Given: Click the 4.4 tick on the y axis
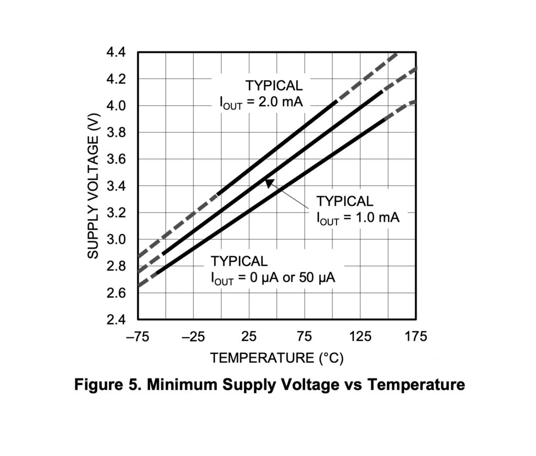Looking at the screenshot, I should pyautogui.click(x=116, y=52).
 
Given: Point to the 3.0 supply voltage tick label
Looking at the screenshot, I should pyautogui.click(x=116, y=240).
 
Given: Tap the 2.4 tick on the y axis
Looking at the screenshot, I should pyautogui.click(x=116, y=320).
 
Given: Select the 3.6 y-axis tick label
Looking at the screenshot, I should pyautogui.click(x=116, y=160).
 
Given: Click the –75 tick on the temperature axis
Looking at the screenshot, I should pyautogui.click(x=137, y=337).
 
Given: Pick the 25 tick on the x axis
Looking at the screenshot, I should pyautogui.click(x=249, y=337).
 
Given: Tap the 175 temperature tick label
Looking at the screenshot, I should pyautogui.click(x=416, y=337).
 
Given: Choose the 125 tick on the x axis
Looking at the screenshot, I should pyautogui.click(x=360, y=337).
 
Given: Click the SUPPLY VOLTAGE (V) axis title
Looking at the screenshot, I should pyautogui.click(x=93, y=186).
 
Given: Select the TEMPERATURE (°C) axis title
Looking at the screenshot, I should pyautogui.click(x=277, y=358).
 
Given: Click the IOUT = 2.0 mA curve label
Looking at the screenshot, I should pyautogui.click(x=261, y=102).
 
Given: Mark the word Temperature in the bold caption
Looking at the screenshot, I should pyautogui.click(x=416, y=385).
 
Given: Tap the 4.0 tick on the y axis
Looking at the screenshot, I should pyautogui.click(x=116, y=106).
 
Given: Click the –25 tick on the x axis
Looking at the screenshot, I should pyautogui.click(x=193, y=337).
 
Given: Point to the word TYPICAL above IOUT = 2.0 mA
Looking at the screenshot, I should pyautogui.click(x=274, y=85).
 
